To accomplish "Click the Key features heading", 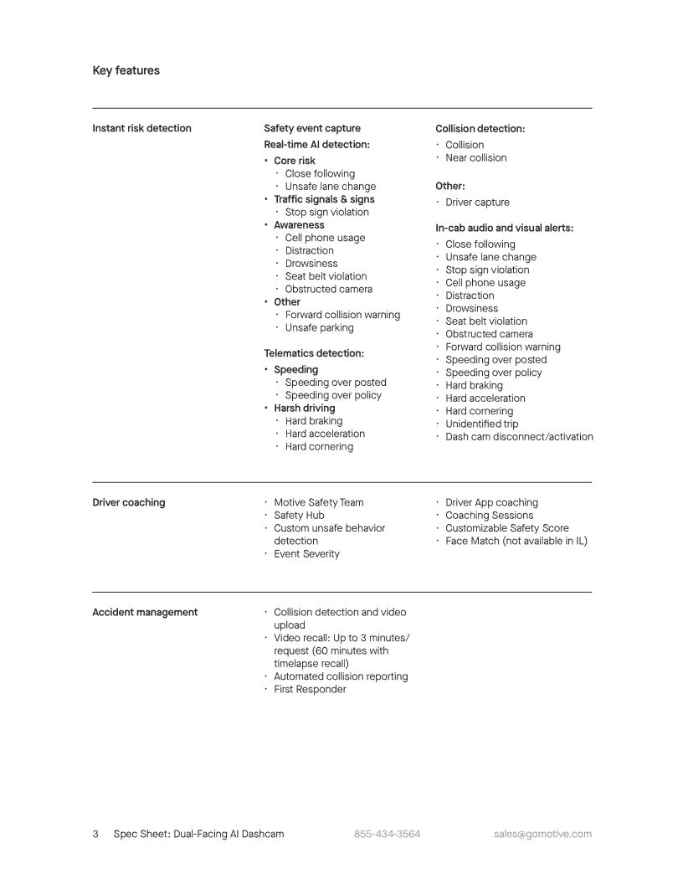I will (x=126, y=70).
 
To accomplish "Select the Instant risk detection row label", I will (x=141, y=128).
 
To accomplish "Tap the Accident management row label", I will (x=145, y=612).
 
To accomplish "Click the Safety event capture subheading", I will (x=312, y=128).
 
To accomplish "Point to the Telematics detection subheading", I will (x=314, y=353).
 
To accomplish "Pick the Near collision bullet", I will (x=475, y=157).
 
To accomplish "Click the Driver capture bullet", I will (x=477, y=202).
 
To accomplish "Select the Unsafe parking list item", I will (x=319, y=327).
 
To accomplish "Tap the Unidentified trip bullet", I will (x=481, y=424).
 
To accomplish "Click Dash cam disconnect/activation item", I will (x=519, y=436).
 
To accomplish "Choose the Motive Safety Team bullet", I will (x=319, y=502).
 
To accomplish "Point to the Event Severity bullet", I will (x=306, y=553).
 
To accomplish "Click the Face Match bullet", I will (x=516, y=541).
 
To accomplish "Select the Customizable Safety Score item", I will (x=506, y=527).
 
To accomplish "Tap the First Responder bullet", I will (x=310, y=689).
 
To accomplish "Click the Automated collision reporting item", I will (x=341, y=676).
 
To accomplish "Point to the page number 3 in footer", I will (x=95, y=834).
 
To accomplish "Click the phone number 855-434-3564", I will (x=387, y=834).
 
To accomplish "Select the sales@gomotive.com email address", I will (x=542, y=834).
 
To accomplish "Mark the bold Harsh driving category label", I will (x=304, y=408).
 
